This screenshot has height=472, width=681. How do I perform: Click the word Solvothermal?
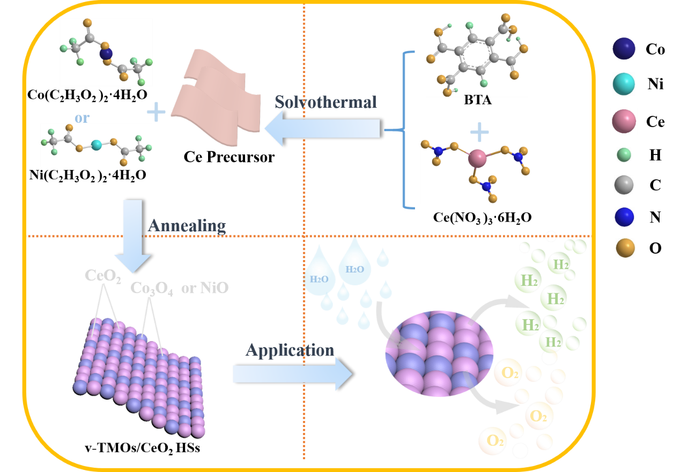point(325,102)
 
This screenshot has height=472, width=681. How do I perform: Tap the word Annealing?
point(186,225)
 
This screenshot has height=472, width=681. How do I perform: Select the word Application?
point(290,350)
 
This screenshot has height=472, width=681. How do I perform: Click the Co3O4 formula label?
point(152,289)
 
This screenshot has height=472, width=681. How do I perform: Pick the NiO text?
point(214,288)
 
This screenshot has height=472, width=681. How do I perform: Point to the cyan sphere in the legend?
point(624,84)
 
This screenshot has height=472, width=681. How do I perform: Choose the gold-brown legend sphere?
point(625,248)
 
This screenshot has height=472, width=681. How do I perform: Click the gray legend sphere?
point(624,185)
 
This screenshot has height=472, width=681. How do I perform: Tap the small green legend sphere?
point(624,155)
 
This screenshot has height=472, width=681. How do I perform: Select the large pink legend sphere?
point(624,121)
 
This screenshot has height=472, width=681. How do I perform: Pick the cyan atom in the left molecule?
point(96,145)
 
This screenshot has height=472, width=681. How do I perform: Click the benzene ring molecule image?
point(477,55)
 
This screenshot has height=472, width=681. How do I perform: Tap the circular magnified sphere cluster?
point(439,352)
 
